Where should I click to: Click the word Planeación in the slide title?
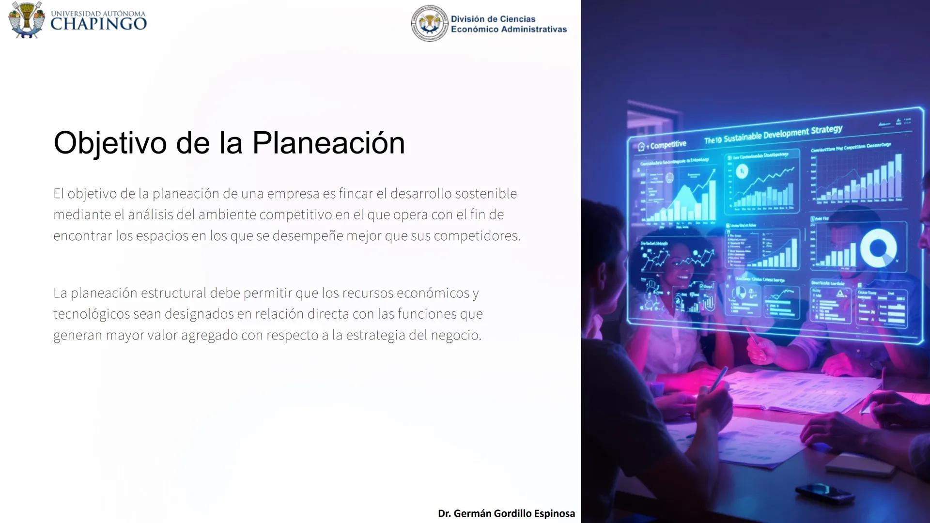click(328, 143)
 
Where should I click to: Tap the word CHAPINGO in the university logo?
click(98, 24)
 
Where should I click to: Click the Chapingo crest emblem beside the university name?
click(27, 19)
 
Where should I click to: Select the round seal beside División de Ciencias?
click(429, 23)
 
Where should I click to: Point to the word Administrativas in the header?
click(534, 30)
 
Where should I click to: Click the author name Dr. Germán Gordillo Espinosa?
click(506, 513)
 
